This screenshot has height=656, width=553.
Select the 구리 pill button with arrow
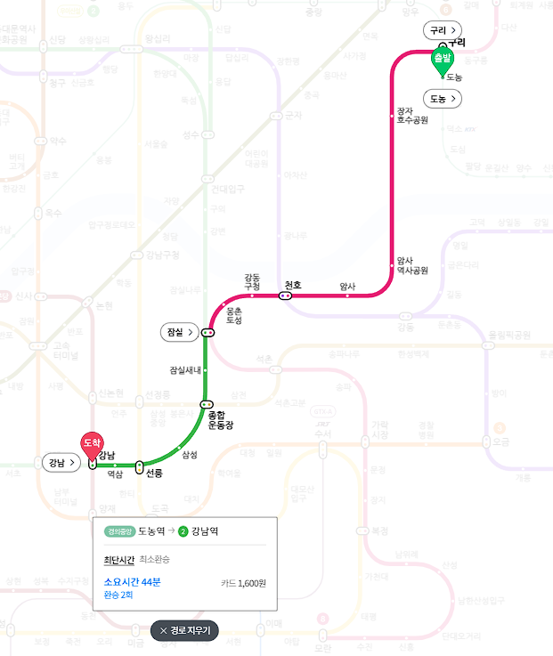point(442,30)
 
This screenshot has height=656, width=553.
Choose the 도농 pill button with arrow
point(443,98)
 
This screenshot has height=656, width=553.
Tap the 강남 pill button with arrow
point(61,463)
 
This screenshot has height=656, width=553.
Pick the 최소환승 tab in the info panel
point(154,559)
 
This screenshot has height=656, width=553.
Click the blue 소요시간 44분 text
point(132,581)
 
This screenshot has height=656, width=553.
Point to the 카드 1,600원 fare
point(243,583)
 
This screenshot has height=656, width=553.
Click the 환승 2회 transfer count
point(118,595)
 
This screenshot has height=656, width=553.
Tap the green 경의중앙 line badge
point(118,531)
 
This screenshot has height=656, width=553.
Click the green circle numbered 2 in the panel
point(183,531)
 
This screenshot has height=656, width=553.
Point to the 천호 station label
point(293,285)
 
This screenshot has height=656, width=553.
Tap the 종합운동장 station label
point(220,420)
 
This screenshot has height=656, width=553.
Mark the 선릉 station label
point(153,473)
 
